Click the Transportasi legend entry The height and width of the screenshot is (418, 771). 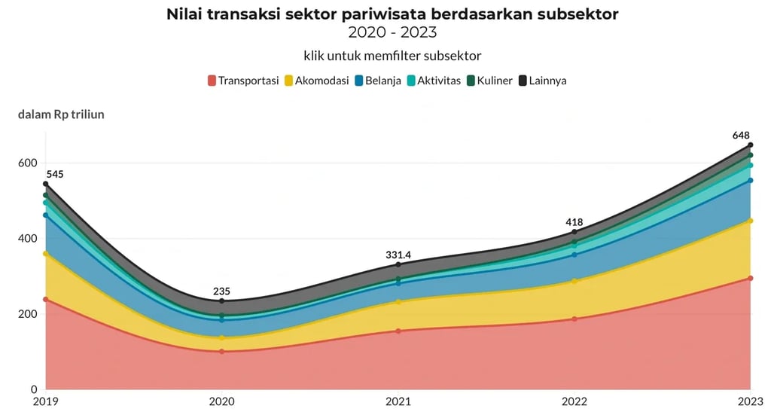[243, 80]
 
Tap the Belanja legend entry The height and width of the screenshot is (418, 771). [377, 80]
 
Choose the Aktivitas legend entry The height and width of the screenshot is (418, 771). [433, 80]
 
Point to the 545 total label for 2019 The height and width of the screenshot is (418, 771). [54, 174]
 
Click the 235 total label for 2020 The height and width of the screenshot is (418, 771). [221, 291]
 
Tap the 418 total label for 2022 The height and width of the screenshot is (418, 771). [574, 221]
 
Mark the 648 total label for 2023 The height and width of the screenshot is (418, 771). [742, 135]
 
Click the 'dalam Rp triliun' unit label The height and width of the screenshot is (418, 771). [61, 114]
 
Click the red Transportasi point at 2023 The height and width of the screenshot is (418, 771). [751, 279]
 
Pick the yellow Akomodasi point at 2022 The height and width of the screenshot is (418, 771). [574, 282]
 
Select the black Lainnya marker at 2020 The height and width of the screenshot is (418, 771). [221, 302]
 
